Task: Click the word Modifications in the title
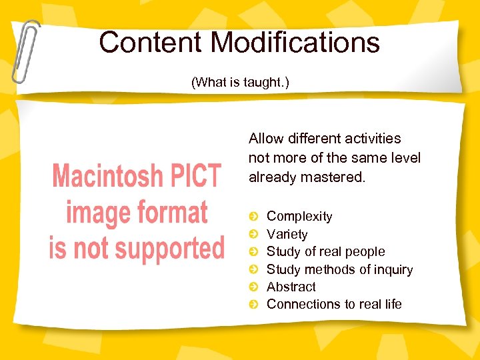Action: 295,43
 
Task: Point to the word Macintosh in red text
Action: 105,177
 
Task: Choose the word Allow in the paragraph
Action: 265,139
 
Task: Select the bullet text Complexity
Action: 299,216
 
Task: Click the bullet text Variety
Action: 287,234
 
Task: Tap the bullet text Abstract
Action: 291,287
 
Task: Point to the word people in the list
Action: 363,251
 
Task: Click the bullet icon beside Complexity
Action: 253,217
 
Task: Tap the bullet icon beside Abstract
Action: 253,287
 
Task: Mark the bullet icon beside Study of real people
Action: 253,252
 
